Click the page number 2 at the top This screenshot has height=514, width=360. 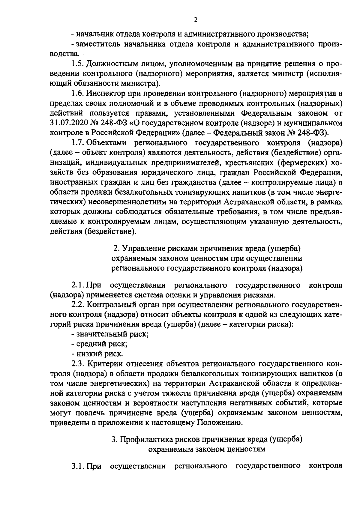pyautogui.click(x=195, y=20)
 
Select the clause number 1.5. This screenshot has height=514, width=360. pyautogui.click(x=78, y=64)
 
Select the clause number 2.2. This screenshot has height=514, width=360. pyautogui.click(x=78, y=305)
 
